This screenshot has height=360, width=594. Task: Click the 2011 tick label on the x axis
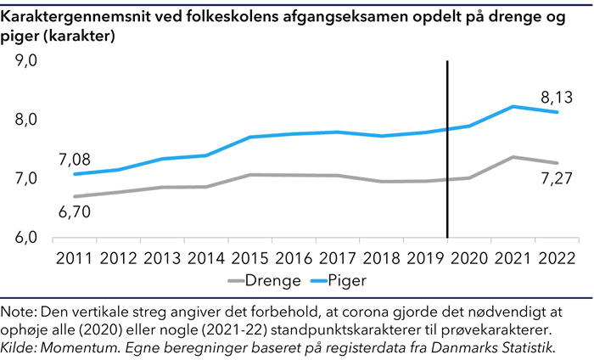pyautogui.click(x=76, y=257)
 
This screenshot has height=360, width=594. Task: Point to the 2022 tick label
pyautogui.click(x=556, y=257)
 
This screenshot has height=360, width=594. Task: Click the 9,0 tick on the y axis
pyautogui.click(x=25, y=62)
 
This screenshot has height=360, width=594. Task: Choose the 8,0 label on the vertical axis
pyautogui.click(x=25, y=121)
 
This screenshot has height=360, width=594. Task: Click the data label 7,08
pyautogui.click(x=74, y=159)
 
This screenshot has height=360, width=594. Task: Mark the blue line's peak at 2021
pyautogui.click(x=513, y=106)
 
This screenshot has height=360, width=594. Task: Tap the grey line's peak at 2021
pyautogui.click(x=513, y=157)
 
